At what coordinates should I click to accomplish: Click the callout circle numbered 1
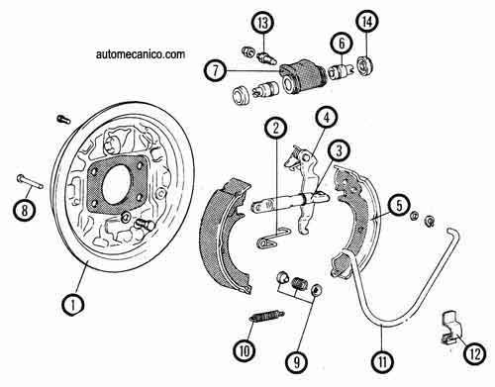click(73, 305)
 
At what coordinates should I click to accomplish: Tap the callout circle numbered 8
click(25, 210)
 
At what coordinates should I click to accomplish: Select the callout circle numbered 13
click(263, 23)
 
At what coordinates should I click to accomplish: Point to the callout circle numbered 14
click(367, 21)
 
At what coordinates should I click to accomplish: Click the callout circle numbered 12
click(476, 353)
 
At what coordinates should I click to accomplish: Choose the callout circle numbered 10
click(245, 350)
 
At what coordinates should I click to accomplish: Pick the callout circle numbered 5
click(399, 206)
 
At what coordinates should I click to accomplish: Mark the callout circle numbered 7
click(215, 70)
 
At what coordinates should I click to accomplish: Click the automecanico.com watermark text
click(141, 54)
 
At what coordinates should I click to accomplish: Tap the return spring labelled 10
click(266, 316)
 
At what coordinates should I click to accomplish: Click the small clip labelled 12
click(451, 328)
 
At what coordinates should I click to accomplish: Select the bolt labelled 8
click(30, 182)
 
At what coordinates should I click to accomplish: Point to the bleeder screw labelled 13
click(266, 57)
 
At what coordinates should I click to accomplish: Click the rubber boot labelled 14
click(365, 66)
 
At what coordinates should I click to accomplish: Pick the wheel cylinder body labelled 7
click(303, 77)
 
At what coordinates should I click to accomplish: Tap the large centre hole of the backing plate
click(116, 184)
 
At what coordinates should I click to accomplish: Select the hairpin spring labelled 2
click(272, 238)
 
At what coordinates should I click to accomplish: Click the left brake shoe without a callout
click(226, 236)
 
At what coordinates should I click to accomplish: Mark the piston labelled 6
click(341, 72)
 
